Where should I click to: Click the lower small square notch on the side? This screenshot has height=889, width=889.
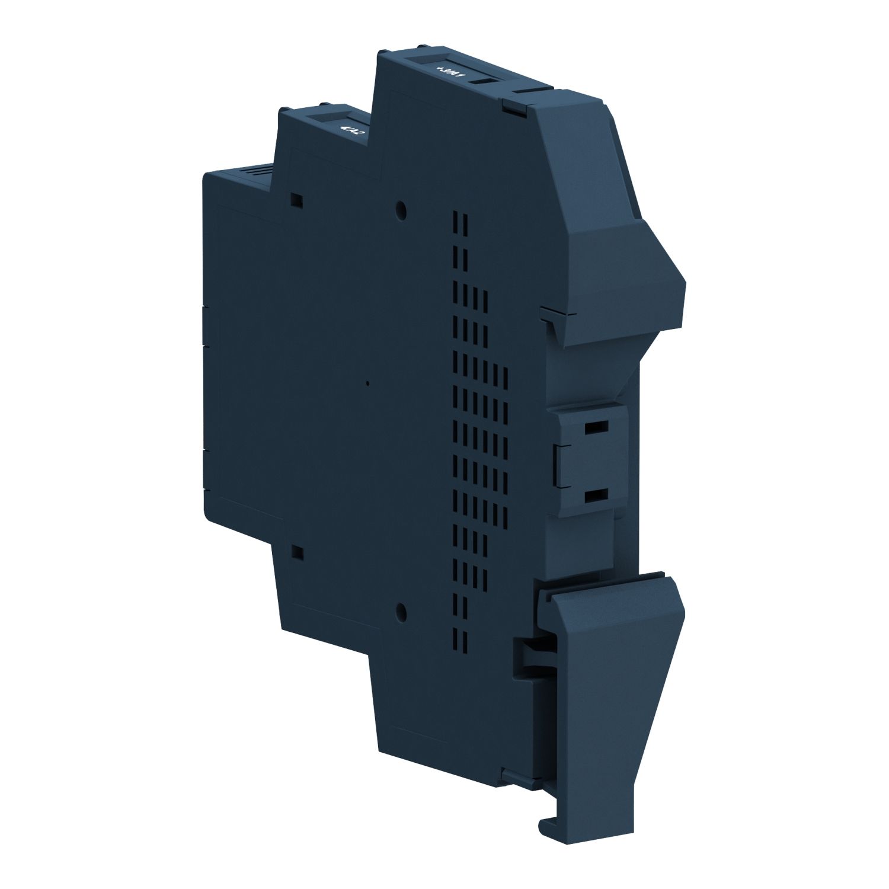[298, 553]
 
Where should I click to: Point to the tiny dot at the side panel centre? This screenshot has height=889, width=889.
[367, 383]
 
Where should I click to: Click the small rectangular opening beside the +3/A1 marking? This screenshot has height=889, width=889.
[484, 82]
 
